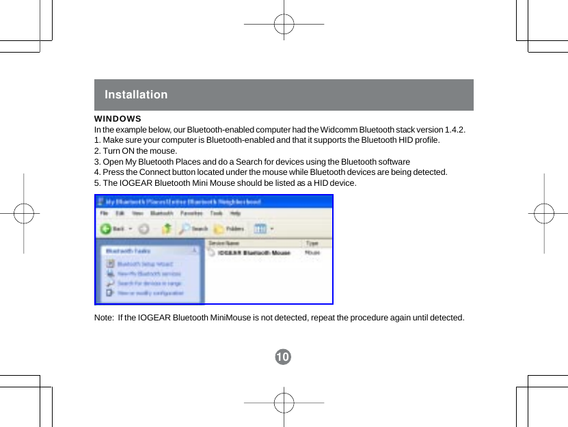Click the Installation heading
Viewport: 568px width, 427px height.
pos(136,95)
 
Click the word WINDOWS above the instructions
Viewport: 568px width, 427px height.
pos(118,120)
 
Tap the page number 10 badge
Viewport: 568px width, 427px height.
pos(283,357)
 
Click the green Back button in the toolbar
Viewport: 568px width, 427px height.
pos(113,229)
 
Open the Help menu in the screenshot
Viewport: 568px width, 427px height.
pos(235,213)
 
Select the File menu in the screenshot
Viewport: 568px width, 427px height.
pos(105,213)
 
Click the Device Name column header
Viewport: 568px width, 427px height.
pos(224,243)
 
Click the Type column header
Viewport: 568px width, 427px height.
pos(312,243)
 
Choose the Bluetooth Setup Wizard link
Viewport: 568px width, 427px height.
pos(145,264)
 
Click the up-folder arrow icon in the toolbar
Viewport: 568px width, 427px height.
pos(165,229)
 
